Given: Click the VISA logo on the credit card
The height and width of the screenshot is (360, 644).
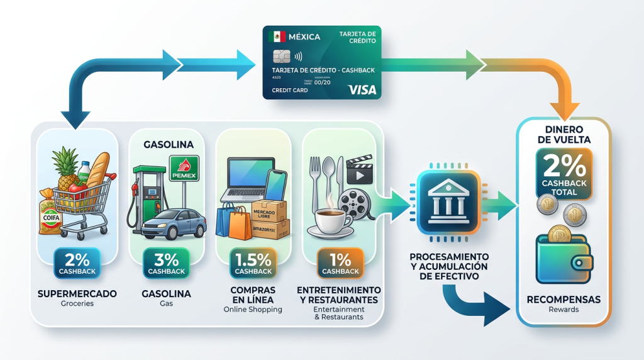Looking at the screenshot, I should (x=362, y=90).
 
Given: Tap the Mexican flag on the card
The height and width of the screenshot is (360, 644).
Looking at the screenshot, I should (x=277, y=37).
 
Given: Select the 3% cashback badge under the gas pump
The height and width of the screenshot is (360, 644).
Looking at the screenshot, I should (x=167, y=264).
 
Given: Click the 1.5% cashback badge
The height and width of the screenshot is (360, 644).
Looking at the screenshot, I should (x=253, y=264).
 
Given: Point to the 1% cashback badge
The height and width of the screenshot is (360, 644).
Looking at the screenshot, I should (x=340, y=264).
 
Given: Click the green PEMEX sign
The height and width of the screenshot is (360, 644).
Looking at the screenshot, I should (x=184, y=168).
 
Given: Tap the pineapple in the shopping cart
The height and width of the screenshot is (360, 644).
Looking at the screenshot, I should (x=67, y=171).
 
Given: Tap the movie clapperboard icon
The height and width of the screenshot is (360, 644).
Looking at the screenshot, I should (x=358, y=169).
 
